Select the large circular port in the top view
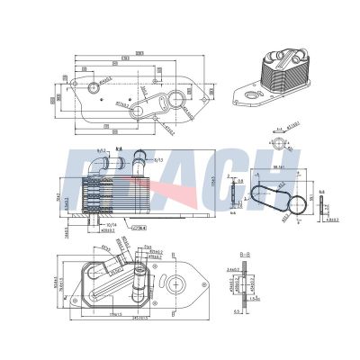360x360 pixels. pos(94,88)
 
